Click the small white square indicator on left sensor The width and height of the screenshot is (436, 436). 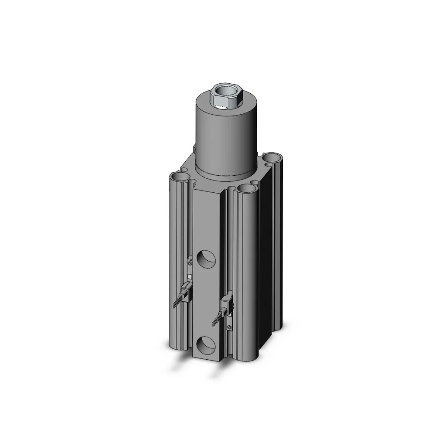point(190,276)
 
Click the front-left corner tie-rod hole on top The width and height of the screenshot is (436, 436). point(180,177)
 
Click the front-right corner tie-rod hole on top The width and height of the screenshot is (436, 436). point(247,188)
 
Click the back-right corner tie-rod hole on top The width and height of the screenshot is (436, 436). point(272,157)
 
